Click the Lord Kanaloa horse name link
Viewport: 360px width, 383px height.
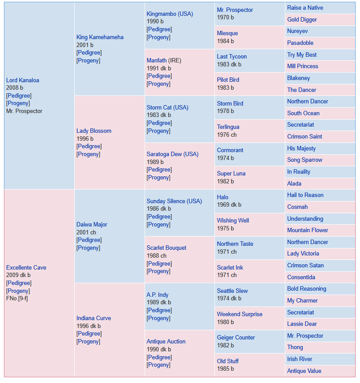pyautogui.click(x=22, y=80)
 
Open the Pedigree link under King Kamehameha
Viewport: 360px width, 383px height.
pyautogui.click(x=89, y=53)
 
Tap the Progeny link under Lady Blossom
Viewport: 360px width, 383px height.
pyautogui.click(x=88, y=154)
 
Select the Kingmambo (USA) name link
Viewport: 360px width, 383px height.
pyautogui.click(x=170, y=14)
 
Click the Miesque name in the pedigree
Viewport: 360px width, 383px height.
pyautogui.click(x=227, y=33)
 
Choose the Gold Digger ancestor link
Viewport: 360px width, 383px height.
pyautogui.click(x=302, y=19)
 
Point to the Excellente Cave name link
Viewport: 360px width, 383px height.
pyautogui.click(x=26, y=267)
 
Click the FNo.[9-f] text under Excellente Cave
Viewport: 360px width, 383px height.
pyautogui.click(x=17, y=299)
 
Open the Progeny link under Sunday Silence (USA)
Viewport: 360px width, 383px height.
pyautogui.click(x=158, y=224)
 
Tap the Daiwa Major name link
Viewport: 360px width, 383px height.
pyautogui.click(x=91, y=224)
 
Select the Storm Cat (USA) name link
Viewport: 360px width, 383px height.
pyautogui.click(x=167, y=107)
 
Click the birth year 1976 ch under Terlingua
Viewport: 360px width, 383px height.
pyautogui.click(x=227, y=135)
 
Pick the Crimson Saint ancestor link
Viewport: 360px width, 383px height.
pyautogui.click(x=304, y=137)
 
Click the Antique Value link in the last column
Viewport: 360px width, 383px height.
pyautogui.click(x=304, y=371)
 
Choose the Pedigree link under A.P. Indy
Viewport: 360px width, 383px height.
pyautogui.click(x=159, y=310)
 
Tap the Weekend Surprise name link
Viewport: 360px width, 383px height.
pyautogui.click(x=240, y=314)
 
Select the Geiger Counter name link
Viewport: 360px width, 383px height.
pyautogui.click(x=236, y=338)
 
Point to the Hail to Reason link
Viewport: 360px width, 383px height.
pyautogui.click(x=305, y=195)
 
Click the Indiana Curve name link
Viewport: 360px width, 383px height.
pyautogui.click(x=94, y=318)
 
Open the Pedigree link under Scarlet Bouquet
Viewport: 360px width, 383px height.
pyautogui.click(x=159, y=264)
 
